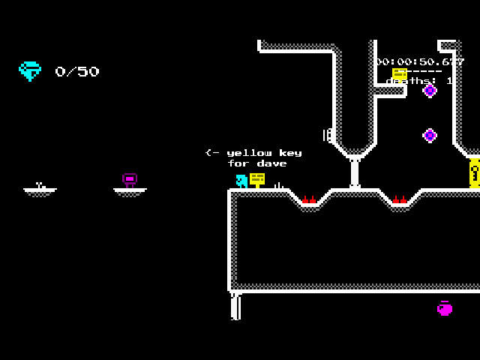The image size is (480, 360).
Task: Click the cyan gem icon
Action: [x=30, y=70]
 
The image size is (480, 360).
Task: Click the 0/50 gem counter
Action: [x=76, y=72]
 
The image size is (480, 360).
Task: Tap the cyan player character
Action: [x=241, y=181]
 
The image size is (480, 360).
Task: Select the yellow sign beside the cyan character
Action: [x=257, y=179]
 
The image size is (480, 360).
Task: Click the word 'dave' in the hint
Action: [x=271, y=163]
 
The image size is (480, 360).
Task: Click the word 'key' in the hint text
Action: [x=289, y=153]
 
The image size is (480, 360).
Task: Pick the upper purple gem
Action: [x=430, y=91]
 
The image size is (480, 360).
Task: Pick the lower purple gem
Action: [x=430, y=136]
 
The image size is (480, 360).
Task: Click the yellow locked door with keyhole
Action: [x=474, y=173]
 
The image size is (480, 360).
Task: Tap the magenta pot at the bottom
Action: [x=445, y=308]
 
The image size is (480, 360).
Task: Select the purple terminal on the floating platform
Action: [x=130, y=180]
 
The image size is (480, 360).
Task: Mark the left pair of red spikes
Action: [x=309, y=200]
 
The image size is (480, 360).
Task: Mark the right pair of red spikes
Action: [x=399, y=200]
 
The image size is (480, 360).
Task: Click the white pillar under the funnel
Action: [x=355, y=172]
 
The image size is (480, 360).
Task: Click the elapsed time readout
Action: [x=420, y=61]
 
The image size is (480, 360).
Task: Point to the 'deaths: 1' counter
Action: [x=420, y=81]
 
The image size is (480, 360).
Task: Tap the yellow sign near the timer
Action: [x=400, y=73]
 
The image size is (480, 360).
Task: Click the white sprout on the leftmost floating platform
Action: [x=40, y=185]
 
